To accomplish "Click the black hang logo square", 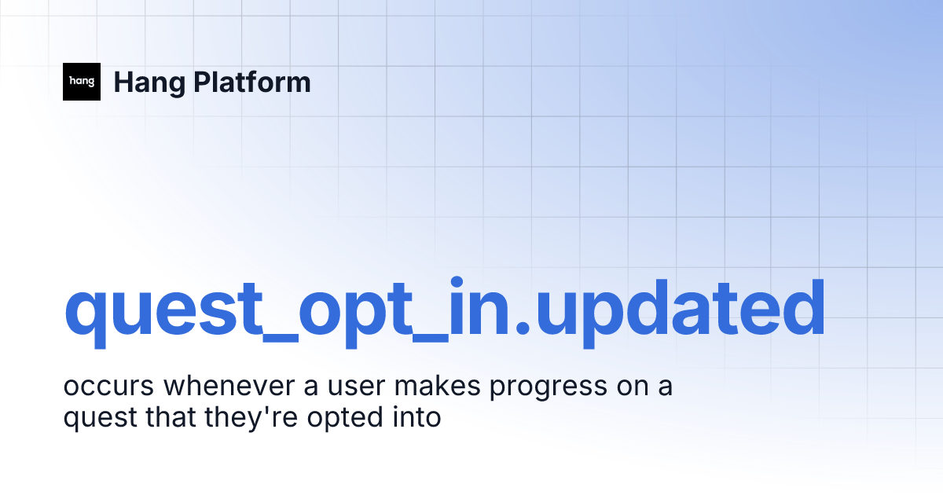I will [x=82, y=82].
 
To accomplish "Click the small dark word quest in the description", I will [x=98, y=418].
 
